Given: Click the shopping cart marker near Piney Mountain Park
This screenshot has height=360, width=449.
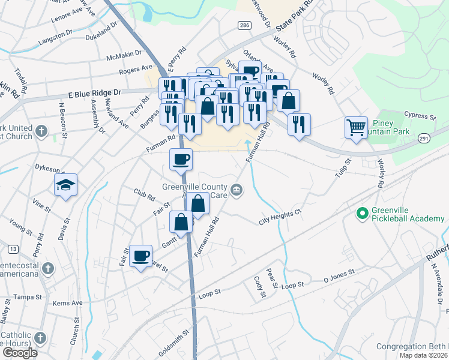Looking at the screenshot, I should [356, 128].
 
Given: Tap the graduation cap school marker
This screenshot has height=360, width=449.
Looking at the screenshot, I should [66, 185].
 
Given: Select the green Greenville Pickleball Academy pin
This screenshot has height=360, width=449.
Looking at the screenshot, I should [362, 213].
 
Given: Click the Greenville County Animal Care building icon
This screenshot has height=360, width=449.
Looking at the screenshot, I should [237, 191].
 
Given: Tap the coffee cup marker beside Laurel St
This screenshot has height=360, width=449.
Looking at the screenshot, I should [141, 256].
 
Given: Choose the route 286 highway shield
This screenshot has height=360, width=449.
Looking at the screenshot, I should [243, 25].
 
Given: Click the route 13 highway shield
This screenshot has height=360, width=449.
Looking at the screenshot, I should [12, 248].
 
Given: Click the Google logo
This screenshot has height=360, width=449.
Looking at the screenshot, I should [20, 352].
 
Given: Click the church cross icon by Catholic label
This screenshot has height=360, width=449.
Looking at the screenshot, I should [40, 337].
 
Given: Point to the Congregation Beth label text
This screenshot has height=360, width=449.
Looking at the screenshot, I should [412, 347].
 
